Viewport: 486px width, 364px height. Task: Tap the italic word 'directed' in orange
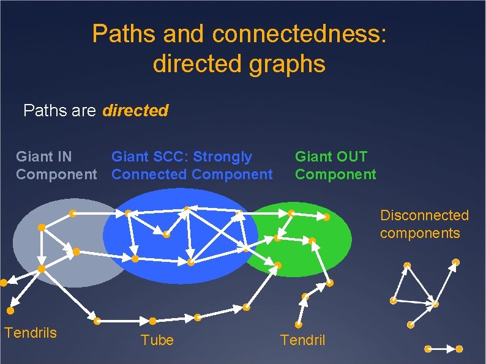pyautogui.click(x=135, y=111)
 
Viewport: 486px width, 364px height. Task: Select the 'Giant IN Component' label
pyautogui.click(x=55, y=166)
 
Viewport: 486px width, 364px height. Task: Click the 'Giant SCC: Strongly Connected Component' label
pyautogui.click(x=192, y=166)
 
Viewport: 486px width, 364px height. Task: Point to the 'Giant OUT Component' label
pyautogui.click(x=335, y=166)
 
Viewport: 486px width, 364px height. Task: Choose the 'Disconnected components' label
pyautogui.click(x=424, y=224)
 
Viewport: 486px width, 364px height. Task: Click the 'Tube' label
pyautogui.click(x=157, y=340)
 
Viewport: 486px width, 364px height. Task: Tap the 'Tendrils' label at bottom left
pyautogui.click(x=31, y=333)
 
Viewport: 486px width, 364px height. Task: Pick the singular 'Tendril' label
pyautogui.click(x=302, y=340)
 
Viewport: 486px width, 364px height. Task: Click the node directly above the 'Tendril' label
pyautogui.click(x=299, y=325)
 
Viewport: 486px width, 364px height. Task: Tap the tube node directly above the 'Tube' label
pyautogui.click(x=152, y=321)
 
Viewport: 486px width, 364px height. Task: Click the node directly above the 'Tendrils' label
pyautogui.click(x=10, y=311)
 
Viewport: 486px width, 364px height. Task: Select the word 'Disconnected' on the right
pyautogui.click(x=424, y=215)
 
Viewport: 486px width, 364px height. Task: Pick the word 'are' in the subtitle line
pyautogui.click(x=83, y=111)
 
